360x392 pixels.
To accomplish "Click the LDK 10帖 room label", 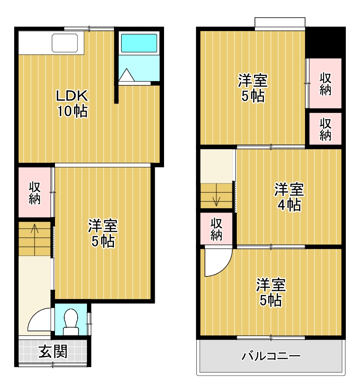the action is point(72,103).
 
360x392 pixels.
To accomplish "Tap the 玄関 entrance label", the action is point(53,352).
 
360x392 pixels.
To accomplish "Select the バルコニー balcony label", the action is point(271,356).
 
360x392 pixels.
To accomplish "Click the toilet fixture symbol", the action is point(71,322).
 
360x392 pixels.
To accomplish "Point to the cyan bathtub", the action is point(139,43).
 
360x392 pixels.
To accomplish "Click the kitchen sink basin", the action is point(65,43).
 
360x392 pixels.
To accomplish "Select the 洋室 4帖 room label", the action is point(289,197).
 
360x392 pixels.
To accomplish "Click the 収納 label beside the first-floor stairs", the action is point(35,193).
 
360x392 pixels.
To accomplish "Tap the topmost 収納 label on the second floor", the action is point(325,84).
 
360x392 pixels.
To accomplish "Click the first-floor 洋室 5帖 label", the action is point(103,233).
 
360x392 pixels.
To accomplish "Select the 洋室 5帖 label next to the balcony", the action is point(271,292).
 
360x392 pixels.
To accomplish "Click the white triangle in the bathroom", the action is point(127,75).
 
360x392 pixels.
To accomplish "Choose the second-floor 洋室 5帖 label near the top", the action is point(253,88).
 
